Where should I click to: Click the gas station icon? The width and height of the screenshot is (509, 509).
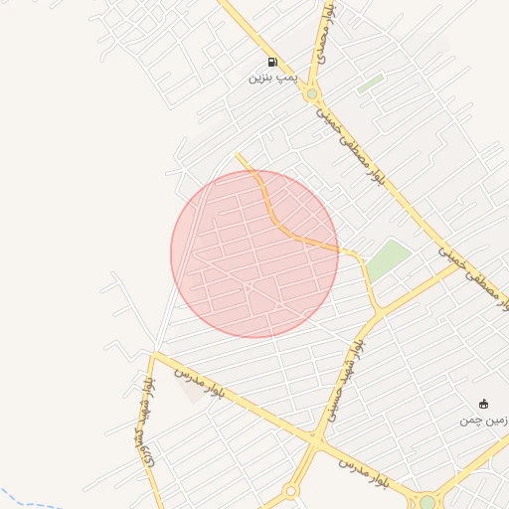272,62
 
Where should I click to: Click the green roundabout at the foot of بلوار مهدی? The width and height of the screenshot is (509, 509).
312,94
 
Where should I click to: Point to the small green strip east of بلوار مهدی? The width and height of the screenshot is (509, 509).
370,84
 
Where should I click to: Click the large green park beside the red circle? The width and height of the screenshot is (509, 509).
389,259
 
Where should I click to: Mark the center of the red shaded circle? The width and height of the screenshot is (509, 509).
254,254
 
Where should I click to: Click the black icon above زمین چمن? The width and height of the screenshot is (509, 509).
484,404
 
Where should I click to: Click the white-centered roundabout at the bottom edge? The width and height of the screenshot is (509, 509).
291,491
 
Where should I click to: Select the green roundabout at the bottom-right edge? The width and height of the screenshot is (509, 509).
427,502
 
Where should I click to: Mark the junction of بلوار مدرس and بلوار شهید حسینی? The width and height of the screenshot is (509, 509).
317,437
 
